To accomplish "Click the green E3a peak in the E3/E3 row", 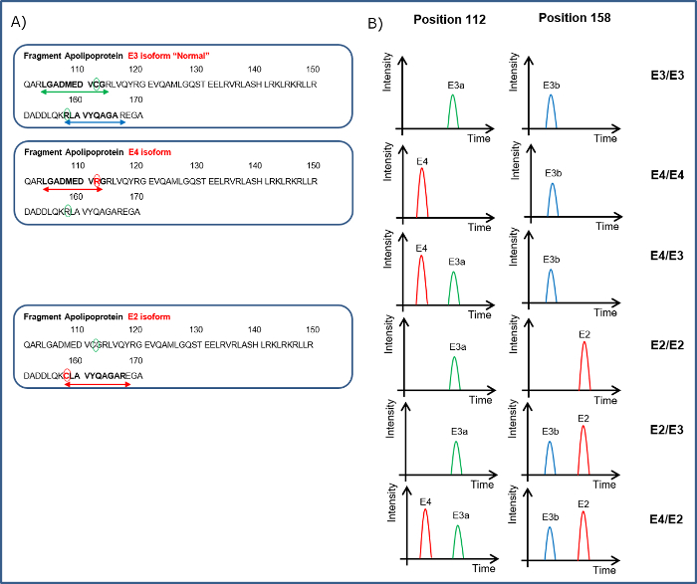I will coord(453,112).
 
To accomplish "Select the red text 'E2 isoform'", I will coord(149,316).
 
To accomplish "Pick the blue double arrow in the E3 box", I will coord(94,121).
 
